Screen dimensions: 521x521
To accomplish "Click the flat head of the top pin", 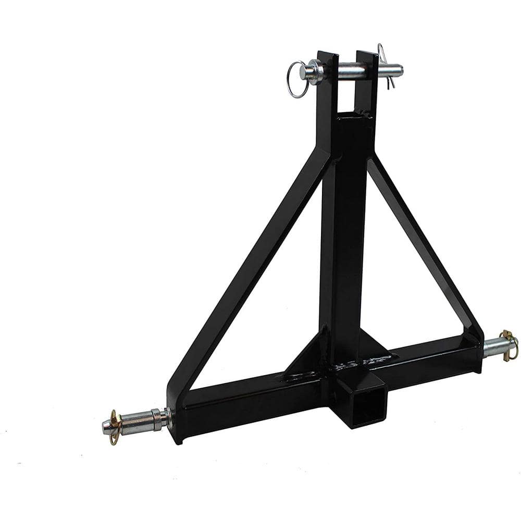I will coord(315,71).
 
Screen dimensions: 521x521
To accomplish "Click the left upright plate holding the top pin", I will coord(327,94).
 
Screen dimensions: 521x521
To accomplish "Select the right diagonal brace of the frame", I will coord(422,245).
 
